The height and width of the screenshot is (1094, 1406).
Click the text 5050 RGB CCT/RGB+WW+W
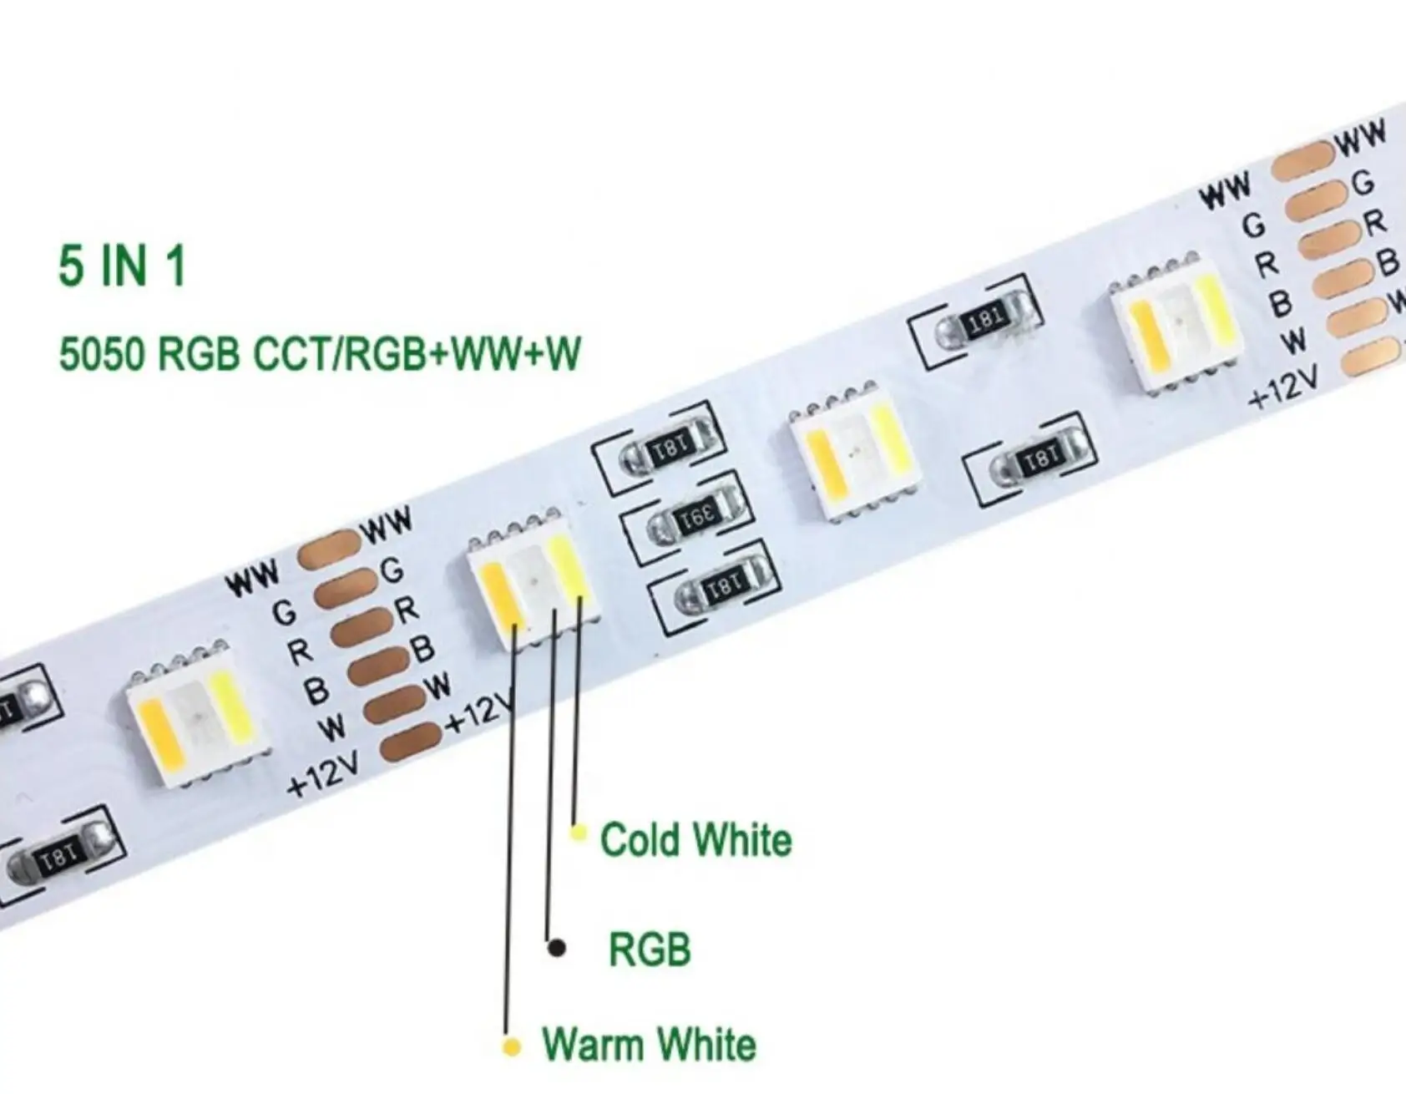point(319,353)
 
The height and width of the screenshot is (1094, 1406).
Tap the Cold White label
point(695,840)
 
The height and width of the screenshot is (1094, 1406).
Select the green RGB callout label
point(650,950)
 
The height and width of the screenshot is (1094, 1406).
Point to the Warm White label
point(649,1045)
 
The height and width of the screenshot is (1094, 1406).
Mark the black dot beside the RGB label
point(556,948)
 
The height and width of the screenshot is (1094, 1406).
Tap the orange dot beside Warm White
point(512,1046)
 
